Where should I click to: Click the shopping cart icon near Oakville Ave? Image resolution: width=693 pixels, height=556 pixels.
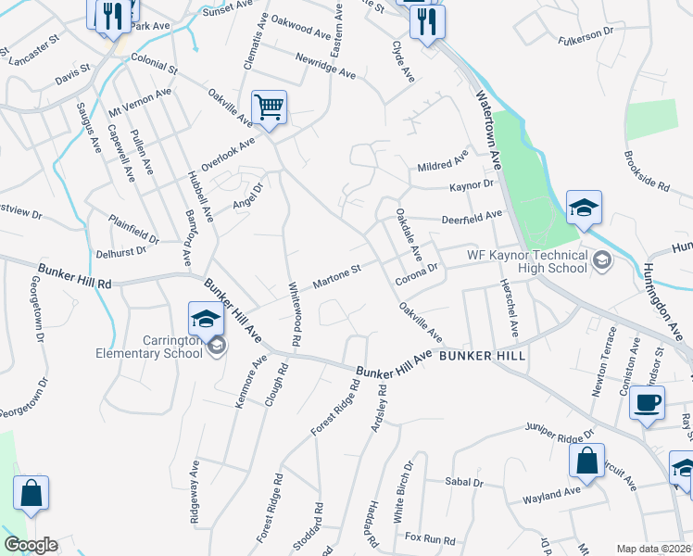tap(269, 107)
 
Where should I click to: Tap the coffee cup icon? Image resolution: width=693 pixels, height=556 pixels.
tap(647, 403)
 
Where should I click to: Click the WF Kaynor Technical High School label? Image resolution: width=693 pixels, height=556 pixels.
tap(526, 261)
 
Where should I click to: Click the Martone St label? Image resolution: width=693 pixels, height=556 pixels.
tap(335, 276)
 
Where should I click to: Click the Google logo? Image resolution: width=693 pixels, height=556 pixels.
tap(30, 545)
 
